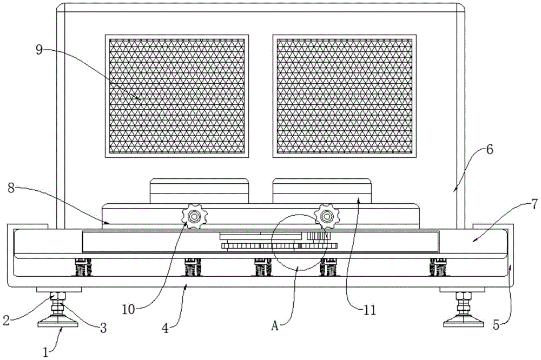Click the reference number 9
pyautogui.click(x=39, y=49)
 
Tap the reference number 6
pyautogui.click(x=489, y=151)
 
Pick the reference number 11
pyautogui.click(x=371, y=310)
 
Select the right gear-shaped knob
pyautogui.click(x=326, y=216)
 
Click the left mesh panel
pyautogui.click(x=179, y=96)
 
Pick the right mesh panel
pyautogui.click(x=345, y=96)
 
